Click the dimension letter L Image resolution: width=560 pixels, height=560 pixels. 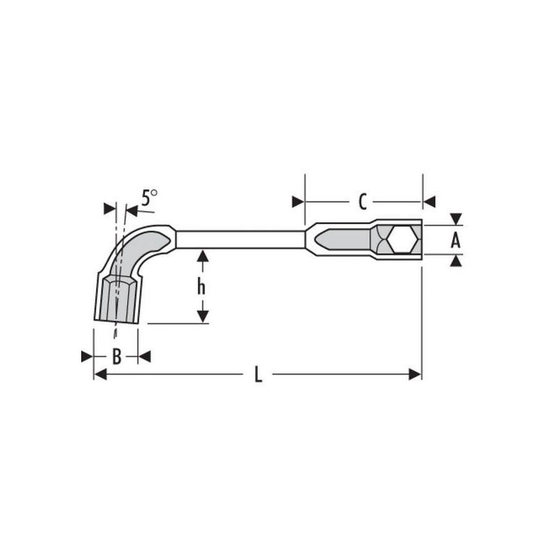coord(258,376)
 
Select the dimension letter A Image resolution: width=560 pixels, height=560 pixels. coord(456,241)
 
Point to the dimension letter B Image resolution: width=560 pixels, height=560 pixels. coord(117,357)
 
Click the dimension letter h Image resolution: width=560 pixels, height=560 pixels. coord(202,286)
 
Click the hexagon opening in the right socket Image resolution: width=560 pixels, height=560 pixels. coord(402,240)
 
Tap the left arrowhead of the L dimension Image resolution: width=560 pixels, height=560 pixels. coord(99,375)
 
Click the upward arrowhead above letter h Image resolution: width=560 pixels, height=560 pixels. coord(202,256)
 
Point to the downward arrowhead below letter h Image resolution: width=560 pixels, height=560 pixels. coord(202,316)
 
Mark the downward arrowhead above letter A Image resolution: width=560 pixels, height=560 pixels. coord(456,219)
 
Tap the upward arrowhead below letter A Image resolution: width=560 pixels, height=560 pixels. coord(456,261)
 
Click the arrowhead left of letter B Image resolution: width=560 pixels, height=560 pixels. coord(87,357)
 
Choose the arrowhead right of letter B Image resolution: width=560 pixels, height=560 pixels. coord(144,357)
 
